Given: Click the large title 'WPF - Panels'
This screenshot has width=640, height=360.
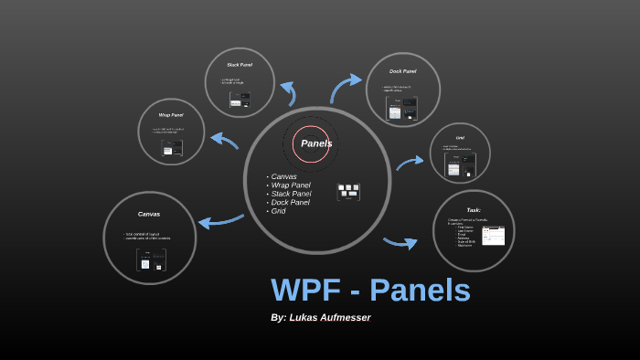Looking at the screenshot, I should click(x=370, y=291).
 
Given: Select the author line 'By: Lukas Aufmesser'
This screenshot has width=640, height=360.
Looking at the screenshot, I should click(x=320, y=318).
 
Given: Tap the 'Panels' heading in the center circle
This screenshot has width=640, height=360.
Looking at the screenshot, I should click(x=316, y=143).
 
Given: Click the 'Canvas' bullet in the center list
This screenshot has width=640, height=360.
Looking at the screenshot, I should click(x=283, y=176).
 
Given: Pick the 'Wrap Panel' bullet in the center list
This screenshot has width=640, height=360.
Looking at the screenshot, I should click(x=290, y=185).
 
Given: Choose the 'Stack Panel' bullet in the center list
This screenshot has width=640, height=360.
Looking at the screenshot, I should click(x=291, y=194).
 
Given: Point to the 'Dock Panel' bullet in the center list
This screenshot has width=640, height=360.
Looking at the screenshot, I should click(x=290, y=202).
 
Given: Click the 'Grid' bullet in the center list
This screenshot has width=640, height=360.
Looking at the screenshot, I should click(x=278, y=211).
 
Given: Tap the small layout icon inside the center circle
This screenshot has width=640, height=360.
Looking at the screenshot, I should click(x=348, y=192).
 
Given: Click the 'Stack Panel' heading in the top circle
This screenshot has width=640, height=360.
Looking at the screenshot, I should click(x=240, y=65).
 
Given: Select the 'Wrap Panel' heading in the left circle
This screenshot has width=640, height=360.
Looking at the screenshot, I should click(x=171, y=115).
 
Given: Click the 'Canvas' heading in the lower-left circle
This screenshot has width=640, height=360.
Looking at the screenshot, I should click(x=149, y=214).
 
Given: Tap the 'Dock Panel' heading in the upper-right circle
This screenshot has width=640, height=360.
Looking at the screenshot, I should click(x=402, y=70).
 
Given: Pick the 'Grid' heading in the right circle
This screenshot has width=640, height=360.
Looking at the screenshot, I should click(x=460, y=138).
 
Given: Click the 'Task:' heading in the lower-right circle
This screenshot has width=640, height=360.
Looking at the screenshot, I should click(x=474, y=209).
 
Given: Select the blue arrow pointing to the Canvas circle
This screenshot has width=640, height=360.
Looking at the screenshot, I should click(x=220, y=221).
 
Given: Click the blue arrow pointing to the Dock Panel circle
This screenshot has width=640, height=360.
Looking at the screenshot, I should click(x=345, y=87).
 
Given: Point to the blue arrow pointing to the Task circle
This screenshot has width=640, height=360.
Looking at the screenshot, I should click(x=400, y=242).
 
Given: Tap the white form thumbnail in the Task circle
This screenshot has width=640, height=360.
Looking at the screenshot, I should click(x=493, y=236).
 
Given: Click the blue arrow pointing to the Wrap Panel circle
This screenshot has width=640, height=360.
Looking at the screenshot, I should click(x=224, y=141).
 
